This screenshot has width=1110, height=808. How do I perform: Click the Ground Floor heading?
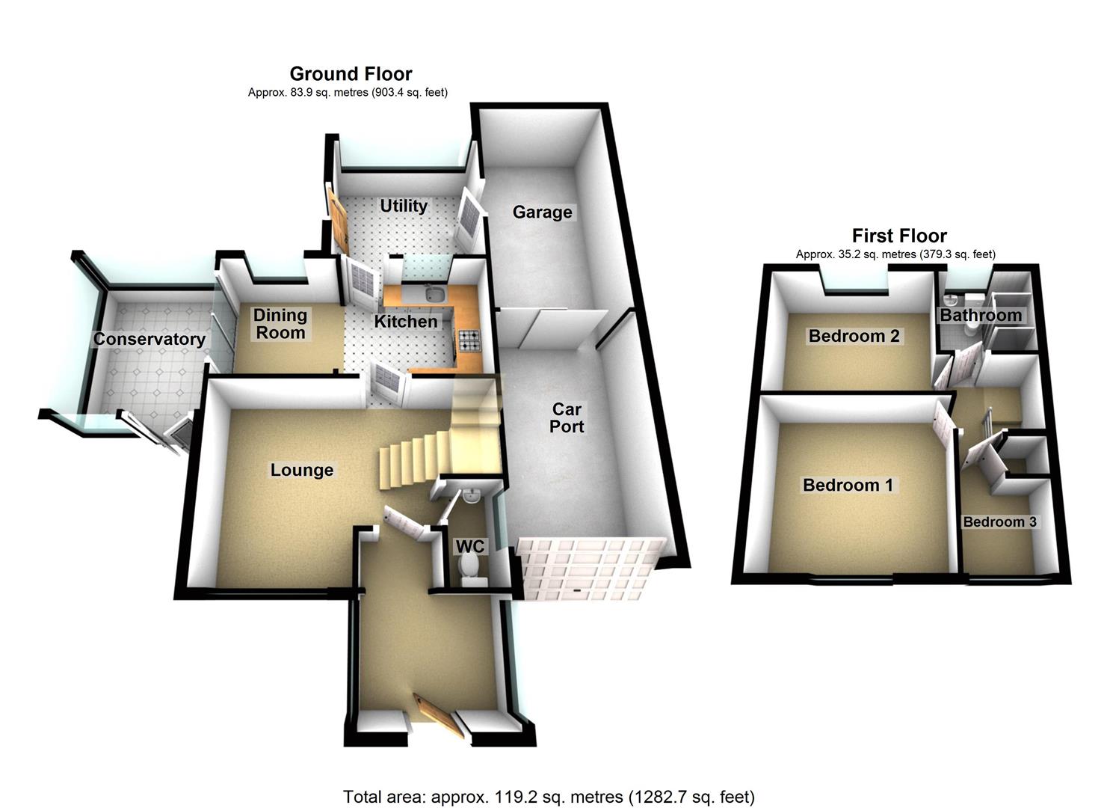[351, 74]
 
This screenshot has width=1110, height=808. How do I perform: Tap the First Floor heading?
[899, 235]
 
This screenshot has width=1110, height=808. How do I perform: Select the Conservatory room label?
[149, 339]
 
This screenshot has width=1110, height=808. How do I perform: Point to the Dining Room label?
[280, 324]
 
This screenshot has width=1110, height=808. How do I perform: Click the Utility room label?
[404, 206]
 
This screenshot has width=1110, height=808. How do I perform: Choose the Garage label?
[542, 212]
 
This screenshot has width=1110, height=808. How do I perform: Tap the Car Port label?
[567, 417]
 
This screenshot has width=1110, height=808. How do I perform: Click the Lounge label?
[302, 471]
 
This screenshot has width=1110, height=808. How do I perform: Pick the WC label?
[469, 546]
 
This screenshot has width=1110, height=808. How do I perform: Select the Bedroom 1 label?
[848, 485]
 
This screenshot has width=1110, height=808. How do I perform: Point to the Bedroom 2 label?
[854, 336]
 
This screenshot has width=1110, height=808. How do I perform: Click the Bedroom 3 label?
[999, 521]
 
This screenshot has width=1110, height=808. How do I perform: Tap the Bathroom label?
[981, 315]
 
